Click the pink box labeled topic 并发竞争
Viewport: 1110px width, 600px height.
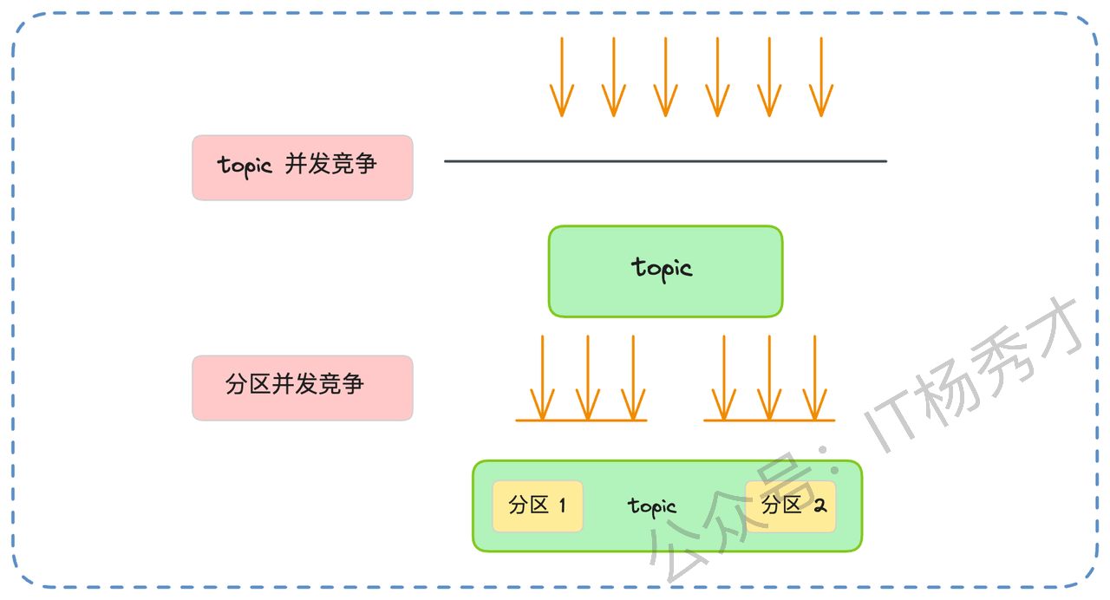[x=302, y=167]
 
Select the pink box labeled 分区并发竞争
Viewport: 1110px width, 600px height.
[x=302, y=388]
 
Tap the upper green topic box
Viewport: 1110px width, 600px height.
[x=665, y=271]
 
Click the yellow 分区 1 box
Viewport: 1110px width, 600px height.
[x=537, y=506]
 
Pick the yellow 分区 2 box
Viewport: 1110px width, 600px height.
[x=791, y=506]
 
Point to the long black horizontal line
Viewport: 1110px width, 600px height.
[x=665, y=161]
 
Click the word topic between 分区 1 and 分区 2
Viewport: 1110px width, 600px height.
[x=652, y=506]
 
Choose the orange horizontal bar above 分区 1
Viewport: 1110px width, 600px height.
[x=581, y=421]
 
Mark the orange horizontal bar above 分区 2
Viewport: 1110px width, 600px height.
[x=768, y=421]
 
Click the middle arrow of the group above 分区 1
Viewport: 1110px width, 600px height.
[x=588, y=377]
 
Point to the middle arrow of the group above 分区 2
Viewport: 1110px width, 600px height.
[x=769, y=377]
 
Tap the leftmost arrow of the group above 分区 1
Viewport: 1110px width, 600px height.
[x=542, y=377]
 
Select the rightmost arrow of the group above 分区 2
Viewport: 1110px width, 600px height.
[x=815, y=377]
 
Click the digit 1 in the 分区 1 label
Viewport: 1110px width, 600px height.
[x=562, y=505]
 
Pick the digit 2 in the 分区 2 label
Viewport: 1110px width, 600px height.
[x=818, y=505]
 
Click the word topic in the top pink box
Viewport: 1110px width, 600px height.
[x=245, y=165]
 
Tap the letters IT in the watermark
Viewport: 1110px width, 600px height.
[x=898, y=421]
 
